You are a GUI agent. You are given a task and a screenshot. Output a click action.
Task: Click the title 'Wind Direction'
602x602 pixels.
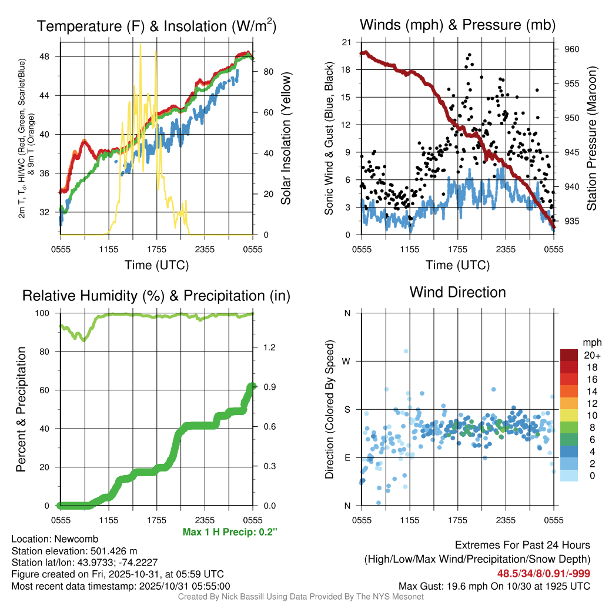457,292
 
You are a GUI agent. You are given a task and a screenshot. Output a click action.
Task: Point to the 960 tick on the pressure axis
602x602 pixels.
572,49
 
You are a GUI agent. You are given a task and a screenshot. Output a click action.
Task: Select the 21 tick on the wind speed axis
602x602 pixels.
347,42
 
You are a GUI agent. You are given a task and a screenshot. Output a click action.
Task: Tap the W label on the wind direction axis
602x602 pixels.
347,361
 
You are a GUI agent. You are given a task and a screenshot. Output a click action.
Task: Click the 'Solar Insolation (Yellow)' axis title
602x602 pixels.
286,139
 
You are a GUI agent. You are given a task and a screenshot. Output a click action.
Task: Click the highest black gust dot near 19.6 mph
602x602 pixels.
469,55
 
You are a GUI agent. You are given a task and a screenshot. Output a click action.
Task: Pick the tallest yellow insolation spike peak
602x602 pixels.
140,44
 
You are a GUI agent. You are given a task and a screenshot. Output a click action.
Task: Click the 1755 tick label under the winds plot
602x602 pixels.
457,249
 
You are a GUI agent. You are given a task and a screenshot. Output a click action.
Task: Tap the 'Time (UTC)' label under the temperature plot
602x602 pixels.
156,265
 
